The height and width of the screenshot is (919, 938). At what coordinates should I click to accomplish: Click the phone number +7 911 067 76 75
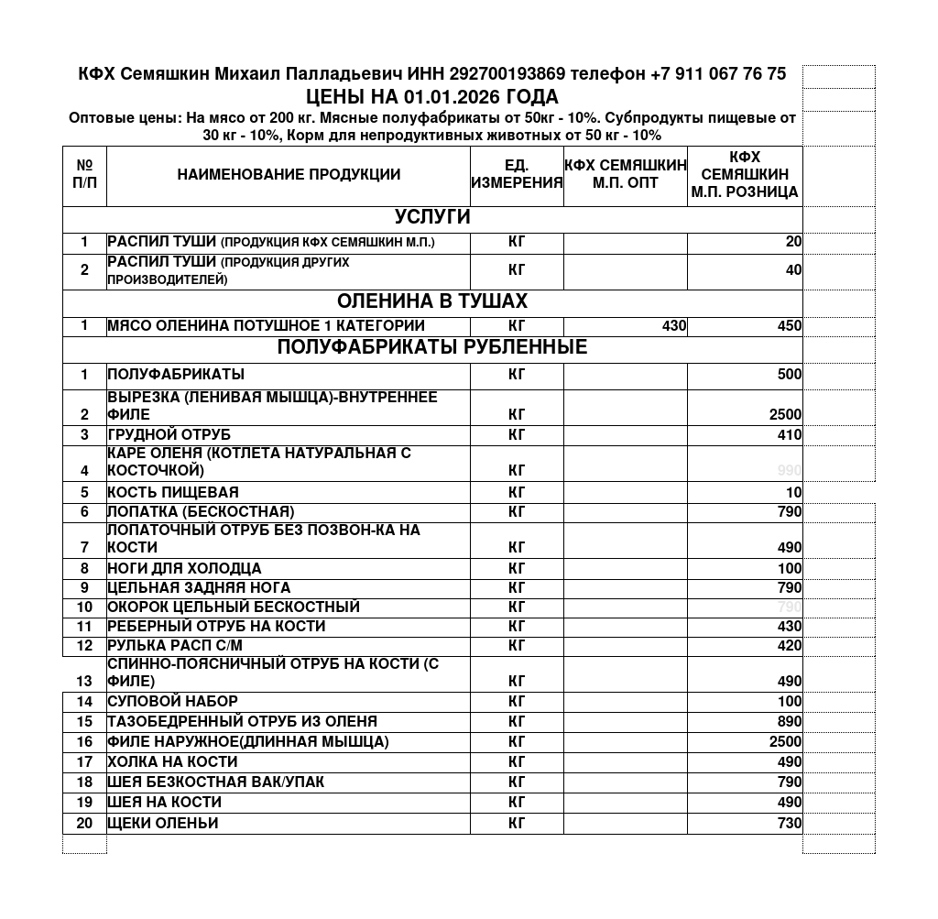click(x=717, y=74)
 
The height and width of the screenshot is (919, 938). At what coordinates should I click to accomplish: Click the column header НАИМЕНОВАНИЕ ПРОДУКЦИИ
click(x=289, y=175)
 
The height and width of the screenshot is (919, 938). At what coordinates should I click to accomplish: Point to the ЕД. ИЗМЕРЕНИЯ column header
click(x=517, y=174)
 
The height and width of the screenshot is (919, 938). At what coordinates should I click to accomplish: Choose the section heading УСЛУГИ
click(x=432, y=218)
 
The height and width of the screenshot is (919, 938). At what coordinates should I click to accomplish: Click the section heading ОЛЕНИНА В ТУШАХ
click(x=432, y=302)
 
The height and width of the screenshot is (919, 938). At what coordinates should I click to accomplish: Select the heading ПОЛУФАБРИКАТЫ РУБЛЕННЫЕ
click(x=432, y=348)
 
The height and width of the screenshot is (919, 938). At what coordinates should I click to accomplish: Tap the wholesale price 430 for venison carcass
click(x=674, y=326)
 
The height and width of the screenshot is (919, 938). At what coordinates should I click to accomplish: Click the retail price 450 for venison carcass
click(x=789, y=326)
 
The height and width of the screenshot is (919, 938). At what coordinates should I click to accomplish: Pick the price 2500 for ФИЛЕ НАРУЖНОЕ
click(x=785, y=742)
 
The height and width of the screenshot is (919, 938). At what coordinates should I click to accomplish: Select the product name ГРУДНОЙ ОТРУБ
click(x=169, y=435)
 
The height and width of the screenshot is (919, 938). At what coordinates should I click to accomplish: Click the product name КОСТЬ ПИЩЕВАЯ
click(x=173, y=493)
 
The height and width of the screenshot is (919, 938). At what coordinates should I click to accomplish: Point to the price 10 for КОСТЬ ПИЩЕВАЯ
click(x=793, y=493)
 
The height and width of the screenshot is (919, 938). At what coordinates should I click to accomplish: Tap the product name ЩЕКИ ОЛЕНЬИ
click(x=163, y=824)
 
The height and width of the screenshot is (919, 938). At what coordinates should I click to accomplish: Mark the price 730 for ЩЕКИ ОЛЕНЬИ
click(x=789, y=824)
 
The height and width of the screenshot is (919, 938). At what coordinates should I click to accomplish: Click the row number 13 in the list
click(x=84, y=682)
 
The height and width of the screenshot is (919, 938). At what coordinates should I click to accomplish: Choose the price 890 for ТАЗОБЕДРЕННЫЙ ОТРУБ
click(x=789, y=722)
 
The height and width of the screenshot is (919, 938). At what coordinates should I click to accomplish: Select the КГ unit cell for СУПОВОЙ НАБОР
click(x=517, y=702)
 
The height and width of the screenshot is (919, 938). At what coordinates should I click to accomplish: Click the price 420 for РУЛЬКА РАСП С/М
click(x=789, y=646)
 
